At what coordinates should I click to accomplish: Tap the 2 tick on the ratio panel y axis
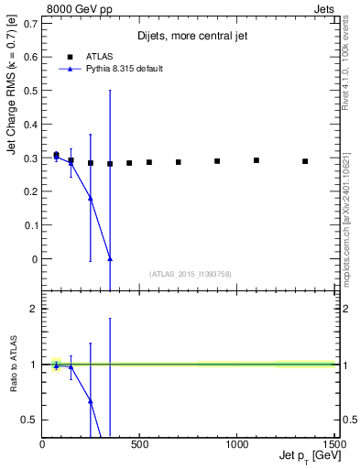(36, 309)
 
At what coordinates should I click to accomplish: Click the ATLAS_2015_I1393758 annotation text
(189, 273)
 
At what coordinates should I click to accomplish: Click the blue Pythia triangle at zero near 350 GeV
(110, 259)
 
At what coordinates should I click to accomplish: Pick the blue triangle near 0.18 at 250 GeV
(91, 198)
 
